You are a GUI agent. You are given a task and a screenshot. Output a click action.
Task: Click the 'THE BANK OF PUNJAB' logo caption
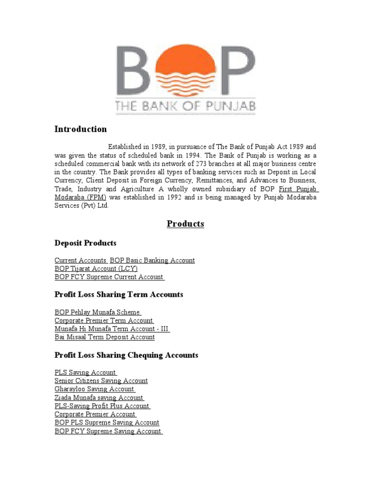point(186,106)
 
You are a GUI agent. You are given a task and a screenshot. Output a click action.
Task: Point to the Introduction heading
point(81,129)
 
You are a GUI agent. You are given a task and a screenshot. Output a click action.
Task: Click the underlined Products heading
point(185,224)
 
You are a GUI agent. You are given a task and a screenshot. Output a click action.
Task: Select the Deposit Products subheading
point(86,243)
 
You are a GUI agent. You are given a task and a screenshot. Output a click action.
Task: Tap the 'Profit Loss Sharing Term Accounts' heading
point(119,294)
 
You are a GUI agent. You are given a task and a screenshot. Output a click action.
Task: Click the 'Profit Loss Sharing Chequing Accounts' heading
point(127,355)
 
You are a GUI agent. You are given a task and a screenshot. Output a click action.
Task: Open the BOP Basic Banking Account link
point(152,260)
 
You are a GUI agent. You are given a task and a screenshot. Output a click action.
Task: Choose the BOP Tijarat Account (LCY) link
point(96,268)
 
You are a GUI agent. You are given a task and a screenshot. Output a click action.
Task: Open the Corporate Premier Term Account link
point(104,320)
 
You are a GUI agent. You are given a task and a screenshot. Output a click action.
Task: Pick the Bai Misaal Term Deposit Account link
point(105,337)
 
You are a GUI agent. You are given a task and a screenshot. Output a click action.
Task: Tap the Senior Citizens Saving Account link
point(101,380)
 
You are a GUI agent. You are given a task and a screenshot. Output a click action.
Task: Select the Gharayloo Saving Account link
point(94,389)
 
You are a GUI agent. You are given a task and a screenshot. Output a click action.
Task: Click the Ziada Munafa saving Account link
point(99,397)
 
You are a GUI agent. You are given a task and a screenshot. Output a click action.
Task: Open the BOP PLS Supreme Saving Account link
point(107,422)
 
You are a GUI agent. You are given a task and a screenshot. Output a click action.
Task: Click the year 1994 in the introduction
point(192,155)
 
